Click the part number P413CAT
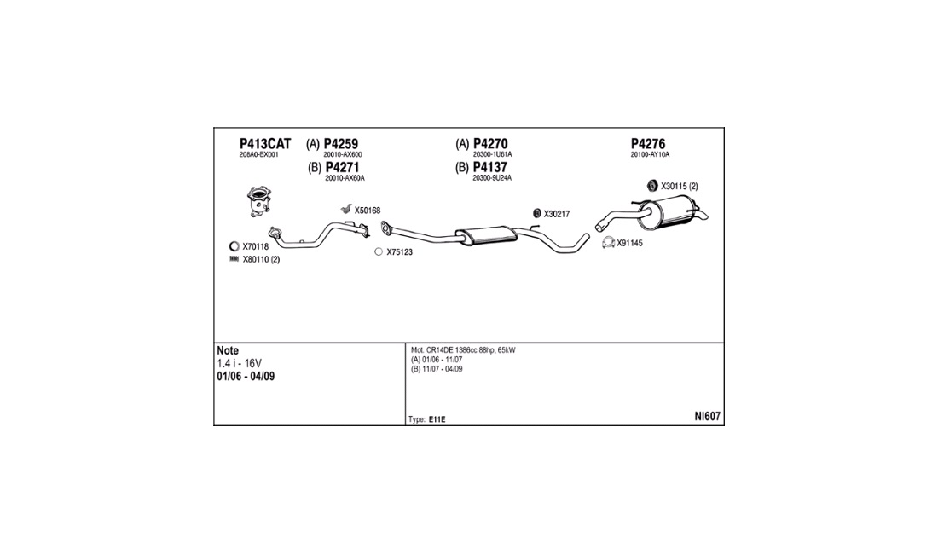click(x=264, y=144)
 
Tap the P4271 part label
click(x=342, y=167)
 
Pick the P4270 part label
click(x=490, y=144)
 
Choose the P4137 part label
click(x=490, y=167)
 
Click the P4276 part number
click(x=648, y=144)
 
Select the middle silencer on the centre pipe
click(x=484, y=234)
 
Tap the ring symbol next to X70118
click(x=234, y=246)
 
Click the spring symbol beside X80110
click(x=234, y=259)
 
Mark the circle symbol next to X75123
click(x=379, y=252)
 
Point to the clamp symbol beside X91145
click(x=608, y=243)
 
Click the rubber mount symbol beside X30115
click(x=651, y=186)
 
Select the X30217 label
click(x=557, y=214)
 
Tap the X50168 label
click(x=368, y=211)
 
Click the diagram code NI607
click(x=707, y=417)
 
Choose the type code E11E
click(x=437, y=419)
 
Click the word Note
click(x=228, y=350)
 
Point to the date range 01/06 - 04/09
click(x=246, y=376)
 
